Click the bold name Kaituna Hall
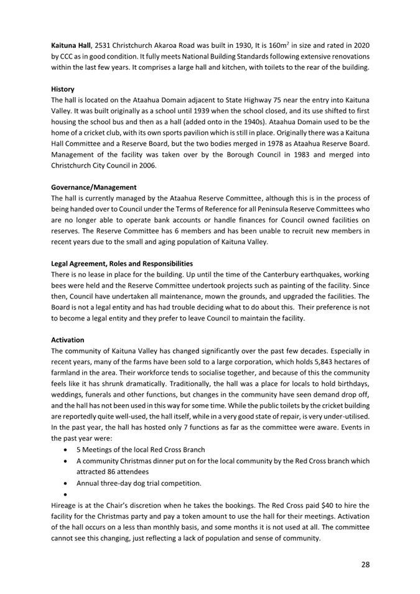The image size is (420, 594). click(71, 45)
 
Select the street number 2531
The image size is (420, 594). click(105, 45)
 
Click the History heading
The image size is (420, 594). click(63, 89)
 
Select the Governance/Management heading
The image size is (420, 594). click(94, 187)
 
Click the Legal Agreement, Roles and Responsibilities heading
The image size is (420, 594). click(122, 263)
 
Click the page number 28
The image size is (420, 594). click(365, 563)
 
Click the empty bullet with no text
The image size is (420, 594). click(66, 494)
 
